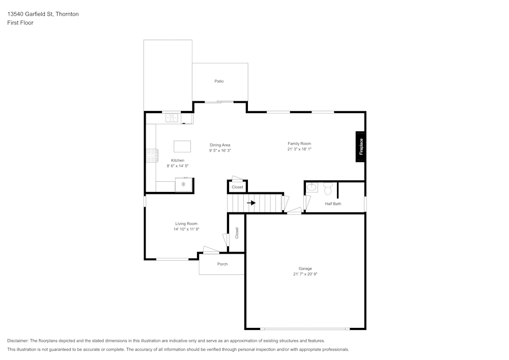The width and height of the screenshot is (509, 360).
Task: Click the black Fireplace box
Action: click(x=360, y=147)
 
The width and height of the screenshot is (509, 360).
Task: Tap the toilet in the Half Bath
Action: click(x=327, y=188)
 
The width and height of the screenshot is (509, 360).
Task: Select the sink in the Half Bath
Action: click(x=312, y=188)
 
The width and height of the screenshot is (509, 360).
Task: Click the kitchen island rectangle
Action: click(x=182, y=147)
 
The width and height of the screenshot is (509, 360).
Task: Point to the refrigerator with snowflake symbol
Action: click(x=183, y=184)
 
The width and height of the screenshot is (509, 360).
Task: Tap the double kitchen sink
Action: click(x=172, y=118)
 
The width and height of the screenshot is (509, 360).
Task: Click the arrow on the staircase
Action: click(x=251, y=203)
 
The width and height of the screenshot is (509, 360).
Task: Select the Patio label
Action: click(x=219, y=81)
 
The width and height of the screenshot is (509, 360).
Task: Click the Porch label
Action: click(x=222, y=264)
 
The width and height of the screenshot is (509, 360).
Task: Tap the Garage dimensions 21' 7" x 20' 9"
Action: click(x=305, y=274)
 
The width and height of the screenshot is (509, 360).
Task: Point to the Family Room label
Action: click(x=299, y=144)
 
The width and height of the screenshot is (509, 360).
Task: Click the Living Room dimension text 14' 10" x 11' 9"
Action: click(x=186, y=230)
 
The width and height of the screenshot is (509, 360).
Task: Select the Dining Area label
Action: click(x=220, y=145)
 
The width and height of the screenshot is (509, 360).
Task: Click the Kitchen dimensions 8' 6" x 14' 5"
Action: click(x=178, y=166)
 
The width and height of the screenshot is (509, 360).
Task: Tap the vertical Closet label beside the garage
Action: click(x=237, y=233)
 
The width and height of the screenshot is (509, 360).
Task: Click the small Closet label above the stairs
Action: click(x=237, y=187)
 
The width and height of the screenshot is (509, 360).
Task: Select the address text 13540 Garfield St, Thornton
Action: click(x=43, y=14)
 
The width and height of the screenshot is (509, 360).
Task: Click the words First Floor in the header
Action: click(x=20, y=23)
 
